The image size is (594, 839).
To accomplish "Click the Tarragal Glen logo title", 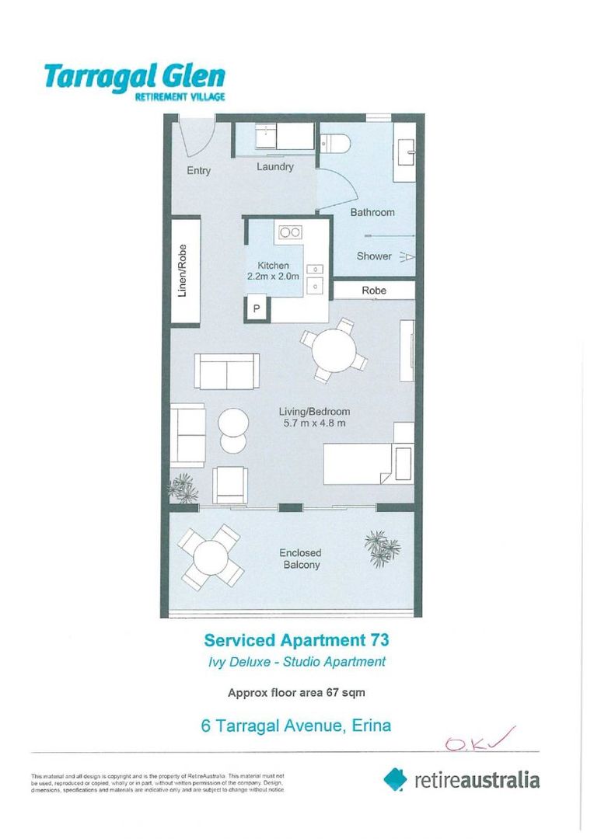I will point(134,78).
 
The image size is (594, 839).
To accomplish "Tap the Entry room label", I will point(198,171).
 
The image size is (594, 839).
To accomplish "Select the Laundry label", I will point(275,167).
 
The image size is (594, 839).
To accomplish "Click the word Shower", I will point(374,256).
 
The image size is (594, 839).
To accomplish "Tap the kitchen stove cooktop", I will point(291,232).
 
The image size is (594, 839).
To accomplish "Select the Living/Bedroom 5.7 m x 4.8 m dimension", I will point(314,417).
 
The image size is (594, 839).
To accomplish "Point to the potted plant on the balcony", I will point(382,547).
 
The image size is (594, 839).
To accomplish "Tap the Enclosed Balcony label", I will point(299,559).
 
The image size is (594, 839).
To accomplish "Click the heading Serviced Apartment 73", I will point(295,640).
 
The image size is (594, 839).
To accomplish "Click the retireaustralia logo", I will point(461,779).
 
